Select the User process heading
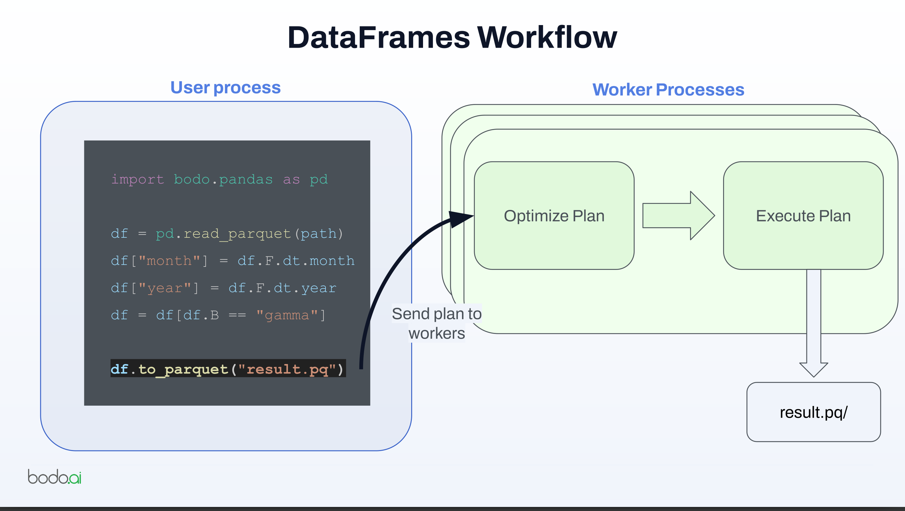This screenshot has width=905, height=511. pyautogui.click(x=225, y=87)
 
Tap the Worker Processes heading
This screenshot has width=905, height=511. pyautogui.click(x=668, y=89)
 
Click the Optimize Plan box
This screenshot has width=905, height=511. pyautogui.click(x=554, y=216)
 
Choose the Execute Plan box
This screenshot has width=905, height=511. pyautogui.click(x=803, y=216)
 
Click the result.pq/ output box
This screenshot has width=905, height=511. pyautogui.click(x=813, y=412)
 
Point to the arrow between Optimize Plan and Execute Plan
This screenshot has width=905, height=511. pyautogui.click(x=678, y=216)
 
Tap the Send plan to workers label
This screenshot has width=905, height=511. pyautogui.click(x=436, y=323)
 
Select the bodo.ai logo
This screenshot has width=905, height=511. pyautogui.click(x=55, y=476)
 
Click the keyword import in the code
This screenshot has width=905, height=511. pyautogui.click(x=138, y=179)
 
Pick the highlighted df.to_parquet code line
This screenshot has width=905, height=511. pyautogui.click(x=228, y=369)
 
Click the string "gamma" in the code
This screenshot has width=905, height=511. pyautogui.click(x=287, y=315)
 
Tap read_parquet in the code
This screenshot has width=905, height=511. pyautogui.click(x=237, y=234)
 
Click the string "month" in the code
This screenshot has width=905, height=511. pyautogui.click(x=169, y=261)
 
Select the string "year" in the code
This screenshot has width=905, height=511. pyautogui.click(x=164, y=288)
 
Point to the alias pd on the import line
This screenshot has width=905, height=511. pyautogui.click(x=319, y=179)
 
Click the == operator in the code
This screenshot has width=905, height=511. pyautogui.click(x=237, y=315)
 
